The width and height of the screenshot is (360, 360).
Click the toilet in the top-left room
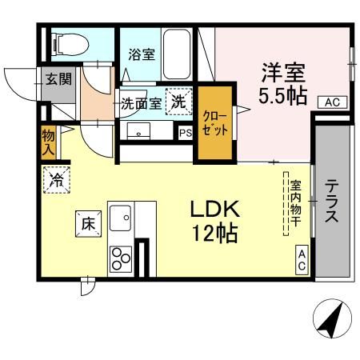[x=70, y=44]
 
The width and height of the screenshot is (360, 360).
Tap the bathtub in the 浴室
[x=177, y=54]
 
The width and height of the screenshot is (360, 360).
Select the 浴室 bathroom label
[x=142, y=54]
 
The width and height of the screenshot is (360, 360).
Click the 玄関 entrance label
[x=58, y=79]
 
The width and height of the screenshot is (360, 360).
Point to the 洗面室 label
[x=142, y=103]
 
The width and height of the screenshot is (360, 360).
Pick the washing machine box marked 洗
[x=178, y=102]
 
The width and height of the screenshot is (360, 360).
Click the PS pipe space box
[x=186, y=133]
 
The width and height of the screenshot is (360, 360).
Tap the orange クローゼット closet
[x=215, y=122]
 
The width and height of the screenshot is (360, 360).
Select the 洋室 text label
[x=283, y=73]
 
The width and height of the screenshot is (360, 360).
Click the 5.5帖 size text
[x=282, y=95]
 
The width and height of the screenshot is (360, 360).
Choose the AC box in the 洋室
[x=332, y=102]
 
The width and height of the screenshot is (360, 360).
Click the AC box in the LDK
[x=302, y=260]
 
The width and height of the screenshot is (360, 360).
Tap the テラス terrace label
[x=332, y=202]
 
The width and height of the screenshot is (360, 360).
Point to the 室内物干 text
[x=296, y=203]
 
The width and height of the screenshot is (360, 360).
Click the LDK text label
[x=215, y=210]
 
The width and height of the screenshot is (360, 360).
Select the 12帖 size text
[x=215, y=233]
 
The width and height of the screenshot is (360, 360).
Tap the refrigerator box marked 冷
[x=57, y=180]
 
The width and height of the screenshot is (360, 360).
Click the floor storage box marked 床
[x=88, y=224]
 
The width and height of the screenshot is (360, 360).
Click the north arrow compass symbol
[x=332, y=318]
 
